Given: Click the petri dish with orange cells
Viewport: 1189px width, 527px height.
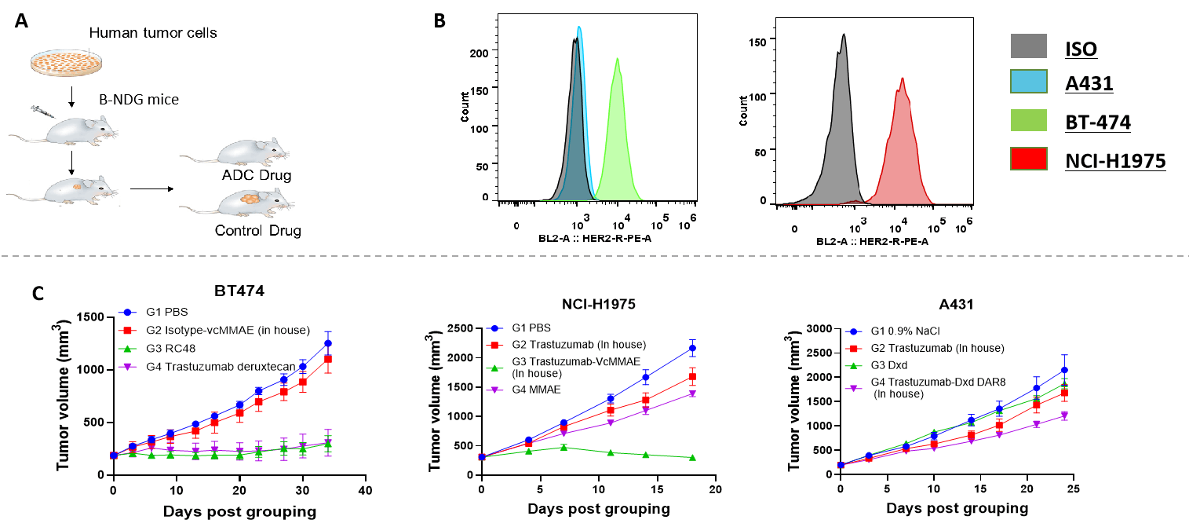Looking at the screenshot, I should coord(66,62).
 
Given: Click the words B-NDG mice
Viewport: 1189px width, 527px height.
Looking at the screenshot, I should coord(139,100).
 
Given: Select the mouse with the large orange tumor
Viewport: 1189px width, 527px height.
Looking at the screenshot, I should coord(235,202).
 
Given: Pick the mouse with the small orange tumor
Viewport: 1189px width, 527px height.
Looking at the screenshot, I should coord(63,191).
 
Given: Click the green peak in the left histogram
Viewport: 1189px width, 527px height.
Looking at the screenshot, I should coord(618,134).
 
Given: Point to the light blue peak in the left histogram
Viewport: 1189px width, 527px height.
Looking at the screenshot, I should coord(580,47).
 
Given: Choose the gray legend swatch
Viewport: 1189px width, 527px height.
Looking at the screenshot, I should coord(1028,46).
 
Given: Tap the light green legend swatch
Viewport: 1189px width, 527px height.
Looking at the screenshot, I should coord(1028,120).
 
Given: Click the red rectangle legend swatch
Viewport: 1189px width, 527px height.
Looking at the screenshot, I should coord(1028,159).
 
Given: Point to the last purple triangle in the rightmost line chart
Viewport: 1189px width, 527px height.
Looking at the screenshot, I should coord(1065,415).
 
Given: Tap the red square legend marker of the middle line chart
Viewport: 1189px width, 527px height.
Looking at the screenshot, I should coord(494,346).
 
